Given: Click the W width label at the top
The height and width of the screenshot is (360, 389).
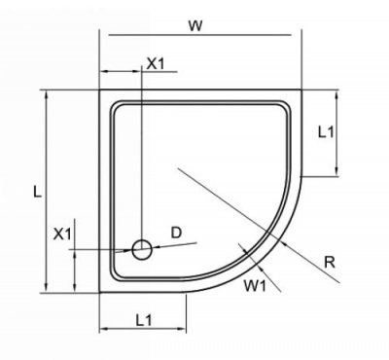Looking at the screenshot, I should pyautogui.click(x=196, y=25).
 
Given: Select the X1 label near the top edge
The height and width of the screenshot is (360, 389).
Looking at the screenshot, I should pyautogui.click(x=156, y=63).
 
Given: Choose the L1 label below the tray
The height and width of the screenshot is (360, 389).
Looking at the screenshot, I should pyautogui.click(x=144, y=318).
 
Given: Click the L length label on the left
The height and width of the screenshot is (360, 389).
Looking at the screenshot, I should pyautogui.click(x=35, y=193).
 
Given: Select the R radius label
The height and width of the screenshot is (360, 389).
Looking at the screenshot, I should pyautogui.click(x=330, y=260).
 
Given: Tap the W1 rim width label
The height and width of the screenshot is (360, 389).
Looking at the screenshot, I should pyautogui.click(x=255, y=285).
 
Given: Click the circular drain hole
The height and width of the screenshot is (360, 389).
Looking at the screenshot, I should pyautogui.click(x=142, y=249).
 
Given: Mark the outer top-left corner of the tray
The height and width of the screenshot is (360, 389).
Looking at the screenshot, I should pyautogui.click(x=101, y=90).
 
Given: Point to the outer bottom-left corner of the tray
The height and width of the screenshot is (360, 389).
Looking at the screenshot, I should pyautogui.click(x=101, y=291).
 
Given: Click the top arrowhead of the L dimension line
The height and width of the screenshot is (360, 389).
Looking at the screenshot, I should pyautogui.click(x=45, y=94).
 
